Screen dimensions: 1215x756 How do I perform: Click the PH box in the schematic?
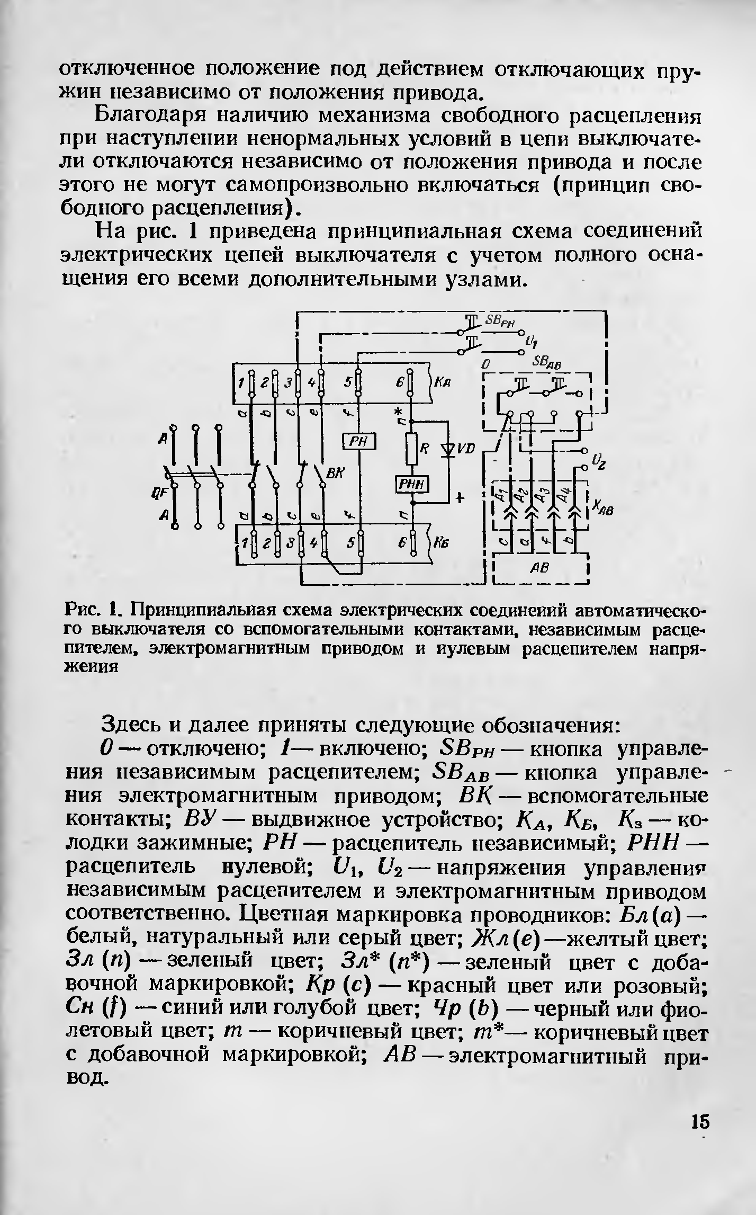click(359, 441)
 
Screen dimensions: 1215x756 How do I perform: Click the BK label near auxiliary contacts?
click(334, 475)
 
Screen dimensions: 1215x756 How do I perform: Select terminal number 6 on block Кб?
click(401, 543)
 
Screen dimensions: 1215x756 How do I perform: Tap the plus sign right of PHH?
click(460, 498)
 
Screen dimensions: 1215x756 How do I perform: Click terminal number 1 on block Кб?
click(245, 543)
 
